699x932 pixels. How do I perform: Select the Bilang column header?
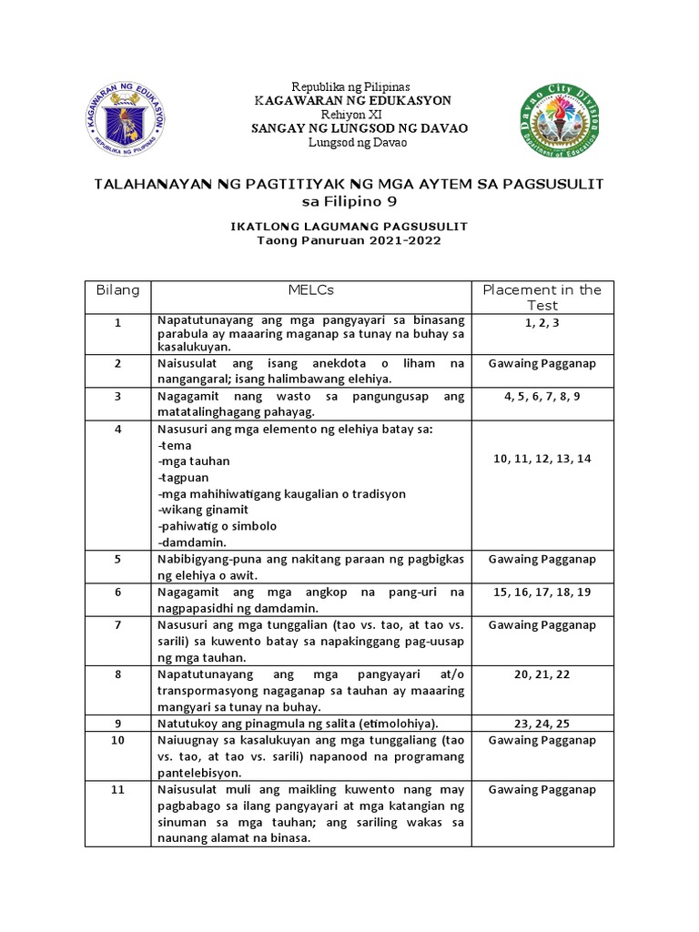pyautogui.click(x=117, y=290)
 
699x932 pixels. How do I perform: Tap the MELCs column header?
pyautogui.click(x=311, y=290)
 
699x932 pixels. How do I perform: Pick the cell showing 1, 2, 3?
pyautogui.click(x=542, y=321)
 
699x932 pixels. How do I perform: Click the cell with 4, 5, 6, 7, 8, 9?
pyautogui.click(x=542, y=397)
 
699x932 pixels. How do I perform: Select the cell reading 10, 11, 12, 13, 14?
pyautogui.click(x=542, y=459)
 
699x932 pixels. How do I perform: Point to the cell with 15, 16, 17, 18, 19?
pyautogui.click(x=542, y=592)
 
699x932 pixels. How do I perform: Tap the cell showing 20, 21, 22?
pyautogui.click(x=542, y=674)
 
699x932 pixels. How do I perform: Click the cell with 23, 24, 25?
pyautogui.click(x=542, y=724)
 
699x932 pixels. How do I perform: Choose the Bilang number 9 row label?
pyautogui.click(x=117, y=724)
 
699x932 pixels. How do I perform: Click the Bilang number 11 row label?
pyautogui.click(x=117, y=790)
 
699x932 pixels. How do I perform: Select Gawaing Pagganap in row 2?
pyautogui.click(x=542, y=363)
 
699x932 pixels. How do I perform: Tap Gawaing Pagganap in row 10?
pyautogui.click(x=542, y=740)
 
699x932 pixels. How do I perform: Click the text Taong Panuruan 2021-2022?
pyautogui.click(x=349, y=240)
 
